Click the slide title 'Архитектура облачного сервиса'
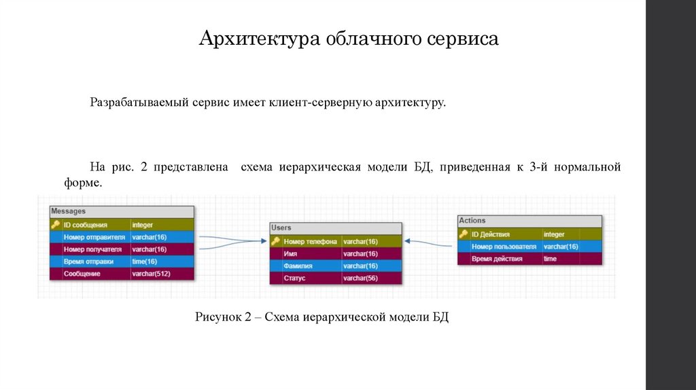point(349,39)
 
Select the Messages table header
point(121,211)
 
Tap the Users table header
point(335,228)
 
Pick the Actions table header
point(529,221)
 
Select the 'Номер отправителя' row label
point(94,237)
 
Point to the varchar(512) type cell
point(152,274)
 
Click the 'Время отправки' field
point(88,262)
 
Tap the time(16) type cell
point(144,262)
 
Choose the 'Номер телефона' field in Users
point(310,241)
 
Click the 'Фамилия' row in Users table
point(298,266)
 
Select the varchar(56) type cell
point(360,278)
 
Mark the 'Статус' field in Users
point(294,278)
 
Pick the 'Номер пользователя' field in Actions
point(504,247)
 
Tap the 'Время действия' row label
point(497,259)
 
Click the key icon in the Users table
point(276,241)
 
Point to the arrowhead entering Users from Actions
point(408,241)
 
